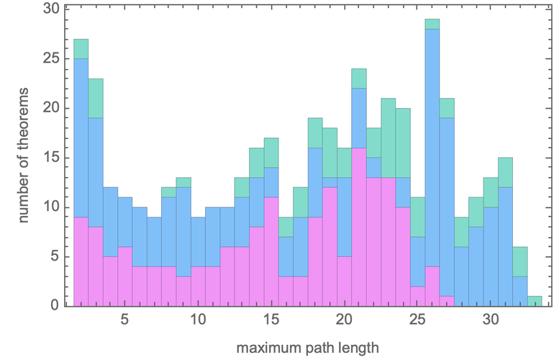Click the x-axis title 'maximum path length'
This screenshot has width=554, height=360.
[x=307, y=348]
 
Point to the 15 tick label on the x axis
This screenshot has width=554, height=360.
[x=271, y=319]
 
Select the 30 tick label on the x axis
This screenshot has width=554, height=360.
[x=491, y=319]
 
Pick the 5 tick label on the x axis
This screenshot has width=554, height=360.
[x=124, y=319]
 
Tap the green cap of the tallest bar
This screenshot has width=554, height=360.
[x=432, y=24]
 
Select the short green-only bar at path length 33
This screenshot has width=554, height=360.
[x=535, y=301]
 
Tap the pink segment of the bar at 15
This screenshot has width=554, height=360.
[x=271, y=251]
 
